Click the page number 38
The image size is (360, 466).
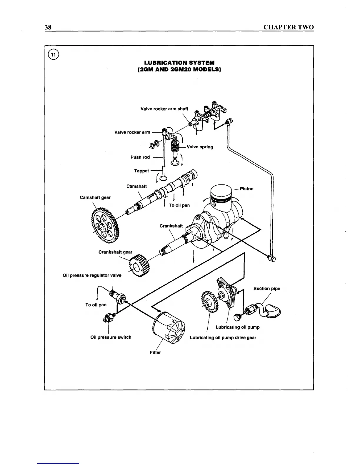pyautogui.click(x=48, y=27)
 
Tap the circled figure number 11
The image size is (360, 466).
pyautogui.click(x=54, y=54)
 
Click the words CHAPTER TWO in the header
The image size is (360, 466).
pyautogui.click(x=289, y=27)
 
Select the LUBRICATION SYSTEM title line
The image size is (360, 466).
pyautogui.click(x=179, y=63)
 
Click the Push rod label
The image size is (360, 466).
pyautogui.click(x=140, y=157)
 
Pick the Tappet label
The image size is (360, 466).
pyautogui.click(x=141, y=171)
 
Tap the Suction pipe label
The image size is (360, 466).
pyautogui.click(x=267, y=289)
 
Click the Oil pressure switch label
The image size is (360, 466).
pyautogui.click(x=111, y=337)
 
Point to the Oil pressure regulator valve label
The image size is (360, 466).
pyautogui.click(x=92, y=275)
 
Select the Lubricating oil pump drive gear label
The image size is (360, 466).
pyautogui.click(x=223, y=337)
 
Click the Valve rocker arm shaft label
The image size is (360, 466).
pyautogui.click(x=164, y=109)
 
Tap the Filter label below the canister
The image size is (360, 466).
pyautogui.click(x=155, y=352)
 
